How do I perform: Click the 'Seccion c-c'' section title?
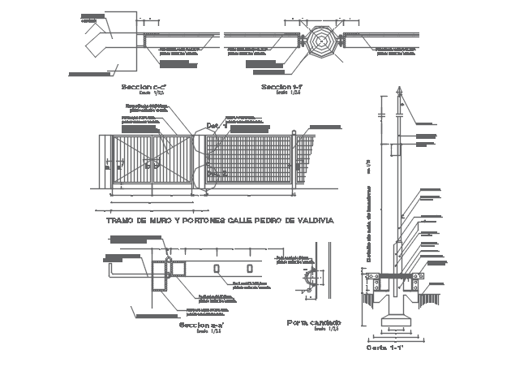point(142,86)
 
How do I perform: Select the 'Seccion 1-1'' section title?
point(282,86)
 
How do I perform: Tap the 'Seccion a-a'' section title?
point(202,325)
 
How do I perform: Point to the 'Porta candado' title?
point(313,322)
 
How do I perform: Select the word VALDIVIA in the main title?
point(311,220)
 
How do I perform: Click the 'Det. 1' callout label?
point(213,126)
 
